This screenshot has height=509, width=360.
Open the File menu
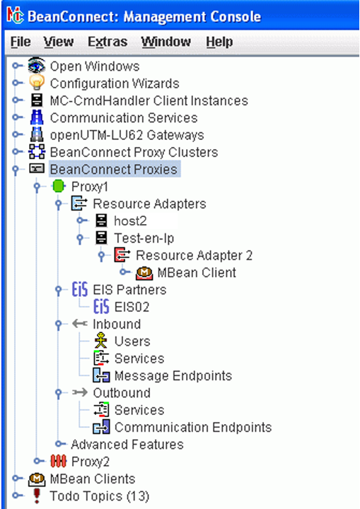point(21,42)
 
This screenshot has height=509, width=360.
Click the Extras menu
point(108,42)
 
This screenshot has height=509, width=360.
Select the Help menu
point(219,42)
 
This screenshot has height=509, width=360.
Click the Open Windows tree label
point(95,66)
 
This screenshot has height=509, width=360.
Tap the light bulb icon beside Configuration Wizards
point(37,83)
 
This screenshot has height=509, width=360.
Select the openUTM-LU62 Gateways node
point(127,135)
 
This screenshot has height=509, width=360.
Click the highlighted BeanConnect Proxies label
point(114,169)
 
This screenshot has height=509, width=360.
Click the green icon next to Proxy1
point(59,187)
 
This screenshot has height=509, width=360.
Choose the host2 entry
point(130,221)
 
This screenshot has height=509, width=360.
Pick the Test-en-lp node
point(144,238)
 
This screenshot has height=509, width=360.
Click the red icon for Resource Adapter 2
point(122,255)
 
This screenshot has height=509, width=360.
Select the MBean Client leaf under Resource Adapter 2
point(197,273)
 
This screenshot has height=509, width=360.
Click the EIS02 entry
point(132,307)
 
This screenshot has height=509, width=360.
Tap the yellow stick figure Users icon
point(100,341)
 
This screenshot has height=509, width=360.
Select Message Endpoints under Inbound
point(173,376)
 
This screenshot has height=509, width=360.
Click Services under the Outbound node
point(139,410)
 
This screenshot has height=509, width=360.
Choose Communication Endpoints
point(193,428)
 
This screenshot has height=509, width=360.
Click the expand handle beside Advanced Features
point(59,444)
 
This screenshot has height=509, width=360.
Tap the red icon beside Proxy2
point(59,461)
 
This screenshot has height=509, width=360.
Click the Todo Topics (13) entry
point(100,496)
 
